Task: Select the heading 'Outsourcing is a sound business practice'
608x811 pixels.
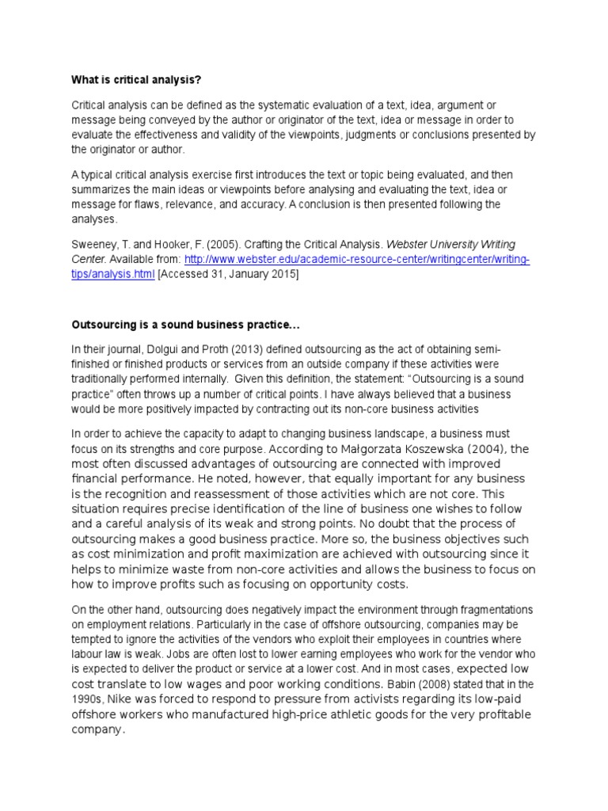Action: pos(186,325)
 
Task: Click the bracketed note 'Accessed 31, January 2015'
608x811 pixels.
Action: pos(230,273)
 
